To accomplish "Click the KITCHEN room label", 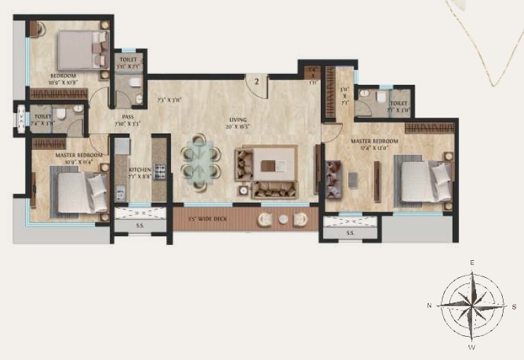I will point(140,168).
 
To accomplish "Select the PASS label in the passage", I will point(128,117).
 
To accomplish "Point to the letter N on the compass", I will point(429,305).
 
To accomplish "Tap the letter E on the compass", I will point(471,263).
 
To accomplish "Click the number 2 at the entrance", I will point(257,81).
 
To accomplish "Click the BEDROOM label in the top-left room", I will point(64,75).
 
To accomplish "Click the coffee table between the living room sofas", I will point(274,164).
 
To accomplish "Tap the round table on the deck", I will point(283,219).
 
